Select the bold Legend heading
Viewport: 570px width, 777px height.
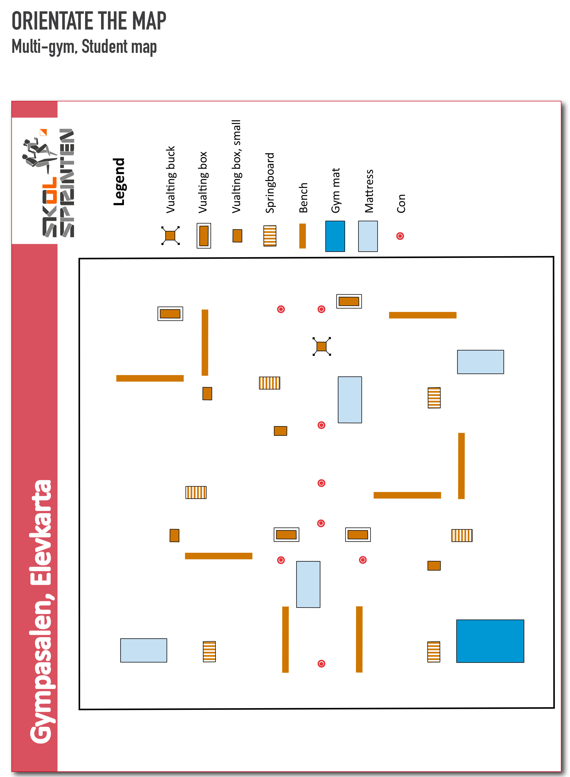coord(119,181)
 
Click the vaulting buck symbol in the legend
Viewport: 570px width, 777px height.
coord(170,236)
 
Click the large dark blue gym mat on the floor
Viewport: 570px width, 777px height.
coord(490,641)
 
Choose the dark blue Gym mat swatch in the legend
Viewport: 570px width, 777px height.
coord(335,236)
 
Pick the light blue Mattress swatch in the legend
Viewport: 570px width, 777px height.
coord(368,236)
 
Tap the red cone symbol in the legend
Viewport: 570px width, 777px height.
coord(400,236)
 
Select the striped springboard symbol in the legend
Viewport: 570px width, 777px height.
coord(270,236)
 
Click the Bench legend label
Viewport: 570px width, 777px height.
coord(303,198)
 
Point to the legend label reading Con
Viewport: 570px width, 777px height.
coord(401,204)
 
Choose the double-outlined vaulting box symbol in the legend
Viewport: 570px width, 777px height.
coord(204,236)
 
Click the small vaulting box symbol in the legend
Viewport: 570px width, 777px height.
coord(237,236)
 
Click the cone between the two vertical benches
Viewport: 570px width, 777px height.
coord(321,663)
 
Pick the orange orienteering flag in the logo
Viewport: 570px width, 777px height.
coord(43,132)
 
